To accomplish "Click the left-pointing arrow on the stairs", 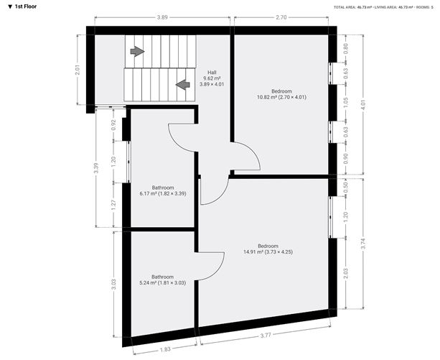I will tap(182, 84).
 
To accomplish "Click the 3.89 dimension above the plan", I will tap(162, 16).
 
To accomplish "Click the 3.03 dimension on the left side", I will tap(113, 283).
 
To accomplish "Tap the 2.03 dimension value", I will tap(346, 272).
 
